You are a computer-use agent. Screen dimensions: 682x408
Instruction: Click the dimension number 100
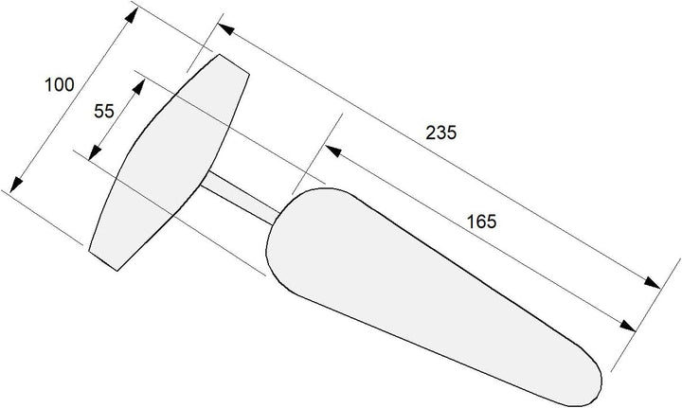click(x=60, y=85)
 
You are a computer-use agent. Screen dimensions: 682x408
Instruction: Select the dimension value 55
click(x=104, y=112)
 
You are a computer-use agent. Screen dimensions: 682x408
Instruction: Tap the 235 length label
click(x=441, y=133)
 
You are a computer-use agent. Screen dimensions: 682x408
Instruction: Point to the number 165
click(x=481, y=222)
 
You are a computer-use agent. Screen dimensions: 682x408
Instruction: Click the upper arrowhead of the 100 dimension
click(x=132, y=14)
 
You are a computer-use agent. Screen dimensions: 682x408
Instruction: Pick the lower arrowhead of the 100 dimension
click(x=16, y=185)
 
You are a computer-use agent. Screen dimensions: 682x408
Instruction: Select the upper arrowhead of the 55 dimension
click(x=138, y=86)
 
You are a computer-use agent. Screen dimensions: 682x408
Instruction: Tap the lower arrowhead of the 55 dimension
click(x=95, y=153)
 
